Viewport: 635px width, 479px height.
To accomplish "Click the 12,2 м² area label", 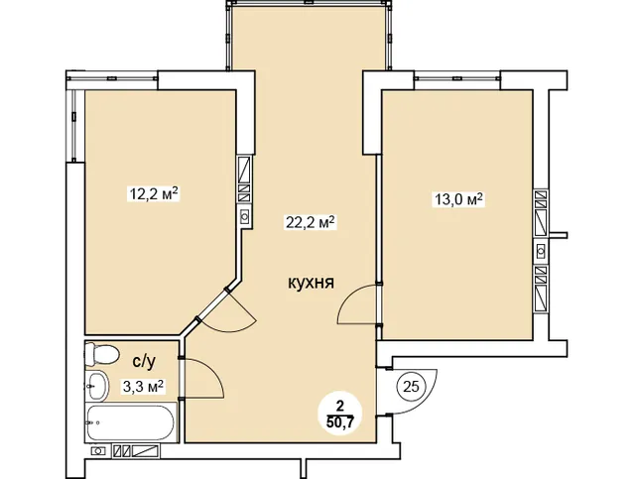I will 153,194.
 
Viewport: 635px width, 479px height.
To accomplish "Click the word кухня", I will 309,283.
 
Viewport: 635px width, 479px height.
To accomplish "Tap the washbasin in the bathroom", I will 97,385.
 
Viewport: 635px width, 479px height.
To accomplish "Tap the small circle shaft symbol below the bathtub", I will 98,451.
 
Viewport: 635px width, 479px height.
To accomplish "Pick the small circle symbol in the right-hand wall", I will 541,247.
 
